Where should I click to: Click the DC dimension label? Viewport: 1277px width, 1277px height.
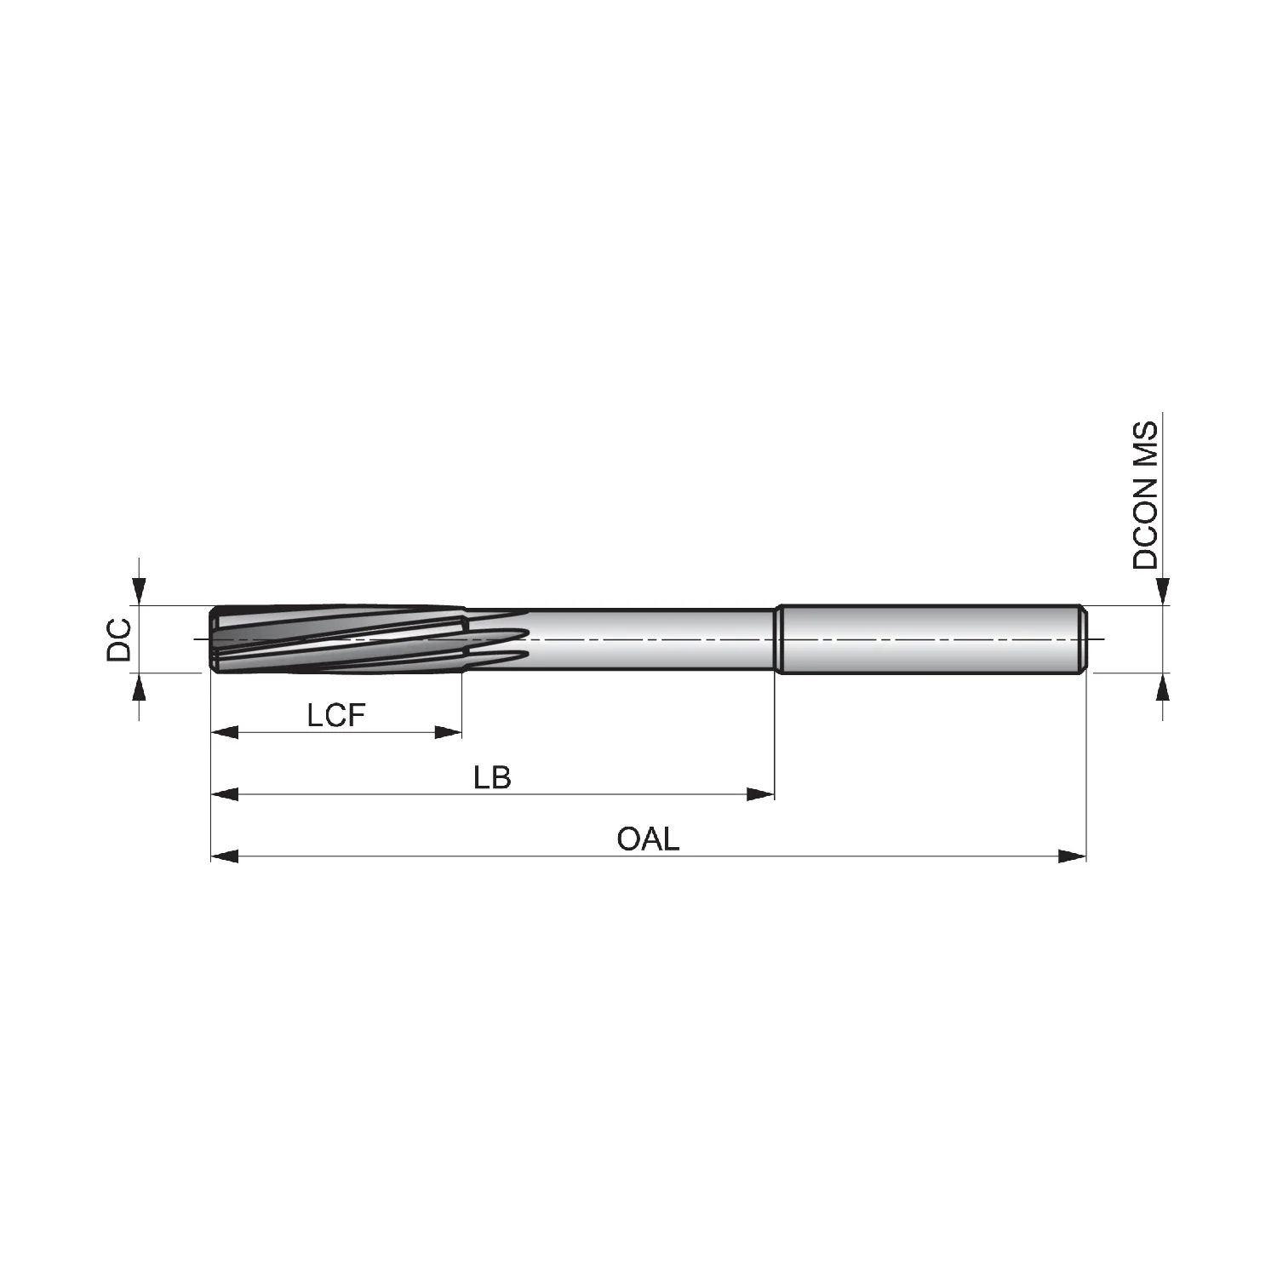[119, 639]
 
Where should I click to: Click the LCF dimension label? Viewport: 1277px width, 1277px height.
[336, 716]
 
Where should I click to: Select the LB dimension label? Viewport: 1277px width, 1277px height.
[492, 777]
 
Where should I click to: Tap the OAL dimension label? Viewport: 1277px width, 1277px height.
[649, 839]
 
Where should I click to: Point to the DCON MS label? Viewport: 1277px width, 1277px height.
[1145, 495]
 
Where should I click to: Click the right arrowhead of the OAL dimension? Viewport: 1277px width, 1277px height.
[1073, 856]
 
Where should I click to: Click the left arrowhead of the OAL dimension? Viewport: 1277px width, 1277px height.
[225, 856]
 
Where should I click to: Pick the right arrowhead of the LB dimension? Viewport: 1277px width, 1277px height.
[760, 794]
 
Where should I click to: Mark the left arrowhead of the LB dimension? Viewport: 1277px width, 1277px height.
[225, 794]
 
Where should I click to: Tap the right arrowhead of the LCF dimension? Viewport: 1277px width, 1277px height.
[448, 732]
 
